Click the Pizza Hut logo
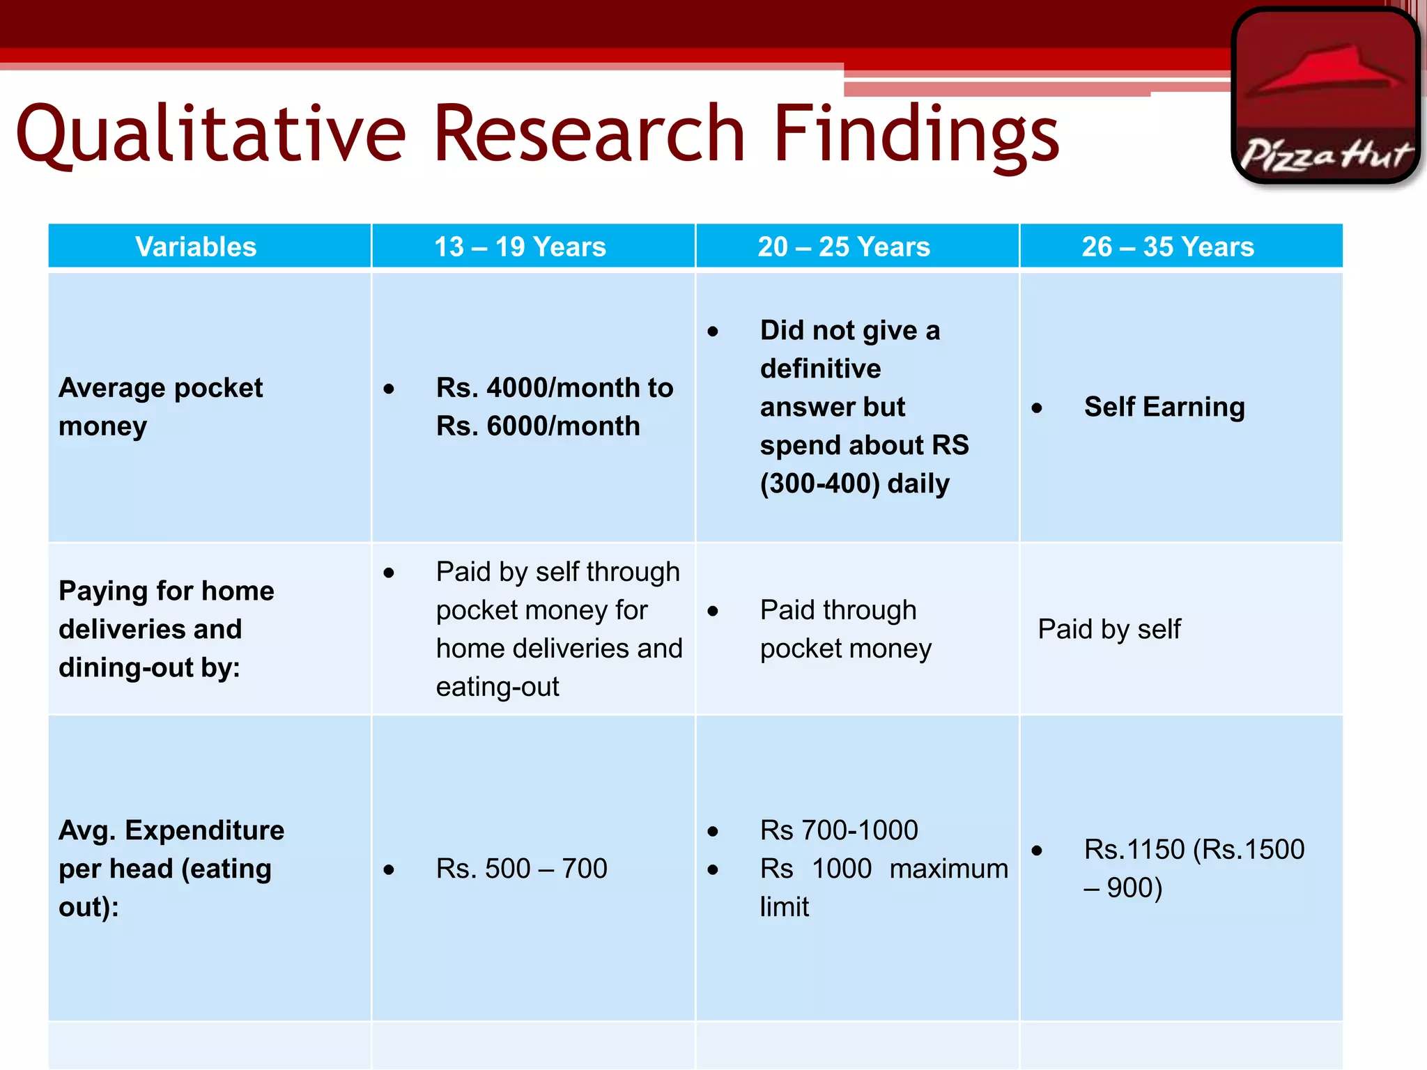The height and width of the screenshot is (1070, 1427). pyautogui.click(x=1325, y=95)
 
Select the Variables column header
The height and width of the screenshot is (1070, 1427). pyautogui.click(x=196, y=247)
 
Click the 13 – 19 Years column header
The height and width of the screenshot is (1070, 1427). pyautogui.click(x=520, y=247)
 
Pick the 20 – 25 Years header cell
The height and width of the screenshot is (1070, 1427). pyautogui.click(x=844, y=247)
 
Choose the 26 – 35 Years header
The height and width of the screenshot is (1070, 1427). pyautogui.click(x=1168, y=247)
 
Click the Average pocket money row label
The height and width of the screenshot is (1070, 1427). pyautogui.click(x=160, y=406)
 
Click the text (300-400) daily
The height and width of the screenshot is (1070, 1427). pyautogui.click(x=854, y=483)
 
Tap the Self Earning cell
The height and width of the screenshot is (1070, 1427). pyautogui.click(x=1164, y=407)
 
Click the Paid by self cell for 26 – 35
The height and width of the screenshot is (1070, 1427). pyautogui.click(x=1109, y=629)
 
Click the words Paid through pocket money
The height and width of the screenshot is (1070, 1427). pyautogui.click(x=844, y=629)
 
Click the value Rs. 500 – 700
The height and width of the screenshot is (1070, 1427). pyautogui.click(x=521, y=869)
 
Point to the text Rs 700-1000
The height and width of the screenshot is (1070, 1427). pyautogui.click(x=839, y=830)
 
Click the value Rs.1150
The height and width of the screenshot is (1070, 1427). pyautogui.click(x=1134, y=849)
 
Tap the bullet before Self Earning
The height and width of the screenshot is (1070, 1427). pyautogui.click(x=1037, y=408)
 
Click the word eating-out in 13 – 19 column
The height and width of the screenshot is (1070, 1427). pyautogui.click(x=497, y=687)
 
